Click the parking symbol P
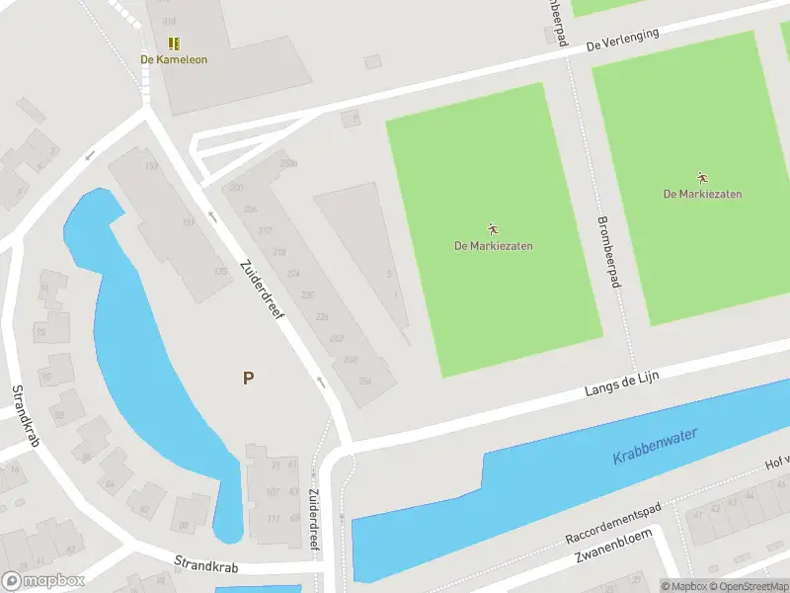pos(248,378)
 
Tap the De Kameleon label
pos(174,59)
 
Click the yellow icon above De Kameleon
pos(174,43)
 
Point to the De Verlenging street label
pos(622,40)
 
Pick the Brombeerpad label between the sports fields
pos(610,252)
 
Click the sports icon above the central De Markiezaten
pos(493,229)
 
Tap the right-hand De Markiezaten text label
pos(702,194)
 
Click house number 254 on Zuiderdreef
pos(364,381)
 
